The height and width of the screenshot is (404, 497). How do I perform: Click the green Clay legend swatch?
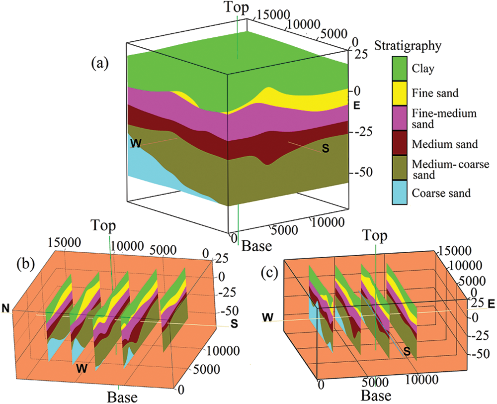(x=399, y=68)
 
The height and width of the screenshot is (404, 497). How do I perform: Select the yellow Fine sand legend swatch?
(x=399, y=93)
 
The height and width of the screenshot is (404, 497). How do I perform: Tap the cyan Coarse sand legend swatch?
(x=399, y=193)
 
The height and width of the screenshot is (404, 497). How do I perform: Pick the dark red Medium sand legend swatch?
(x=399, y=144)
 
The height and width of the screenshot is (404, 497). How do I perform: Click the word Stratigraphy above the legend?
(x=415, y=47)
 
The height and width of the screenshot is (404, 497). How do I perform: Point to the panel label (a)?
(x=100, y=63)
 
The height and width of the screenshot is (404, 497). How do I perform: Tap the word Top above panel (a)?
(x=238, y=7)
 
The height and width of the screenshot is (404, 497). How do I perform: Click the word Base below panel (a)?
(x=257, y=245)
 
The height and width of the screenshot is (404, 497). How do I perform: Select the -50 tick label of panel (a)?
(x=364, y=172)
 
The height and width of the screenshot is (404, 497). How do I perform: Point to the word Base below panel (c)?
(x=376, y=396)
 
